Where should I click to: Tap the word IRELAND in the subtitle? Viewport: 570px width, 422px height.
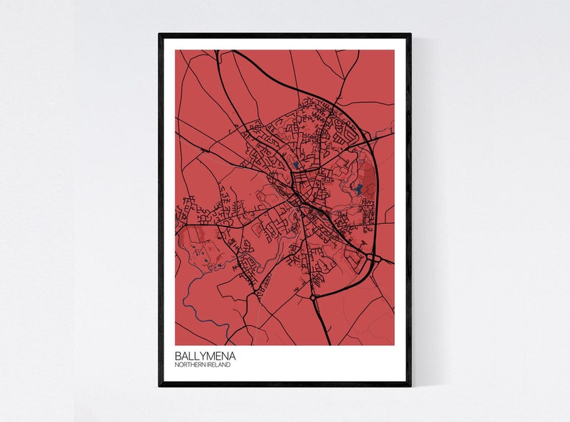[x=220, y=365]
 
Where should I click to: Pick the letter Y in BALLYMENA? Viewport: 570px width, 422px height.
[x=199, y=355]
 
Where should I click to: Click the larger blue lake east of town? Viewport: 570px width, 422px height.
[x=357, y=191]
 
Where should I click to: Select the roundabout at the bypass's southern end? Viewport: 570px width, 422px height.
[x=314, y=296]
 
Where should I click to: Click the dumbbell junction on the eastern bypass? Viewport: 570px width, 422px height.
[x=372, y=256]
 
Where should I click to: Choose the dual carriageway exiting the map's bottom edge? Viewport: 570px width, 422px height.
[x=325, y=334]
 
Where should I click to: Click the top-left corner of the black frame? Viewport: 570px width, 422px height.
[x=160, y=34]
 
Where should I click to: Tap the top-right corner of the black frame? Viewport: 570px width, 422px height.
[x=411, y=34]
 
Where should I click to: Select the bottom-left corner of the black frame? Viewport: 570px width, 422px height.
[x=160, y=385]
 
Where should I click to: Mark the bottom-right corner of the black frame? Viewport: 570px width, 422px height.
[x=411, y=385]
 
